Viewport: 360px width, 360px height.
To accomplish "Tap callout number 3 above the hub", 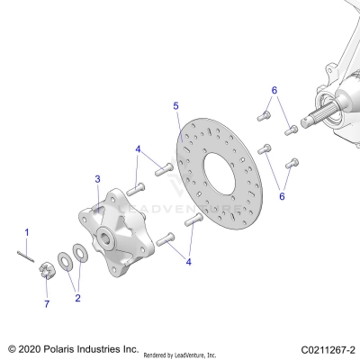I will [98, 179].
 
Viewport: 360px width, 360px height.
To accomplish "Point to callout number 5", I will [176, 105].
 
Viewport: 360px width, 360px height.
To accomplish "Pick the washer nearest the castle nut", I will [65, 262].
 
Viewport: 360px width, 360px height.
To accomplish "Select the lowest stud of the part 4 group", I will [166, 239].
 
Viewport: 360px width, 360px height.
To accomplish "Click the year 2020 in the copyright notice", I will [30, 348].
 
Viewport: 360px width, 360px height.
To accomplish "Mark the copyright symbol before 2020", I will [11, 348].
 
